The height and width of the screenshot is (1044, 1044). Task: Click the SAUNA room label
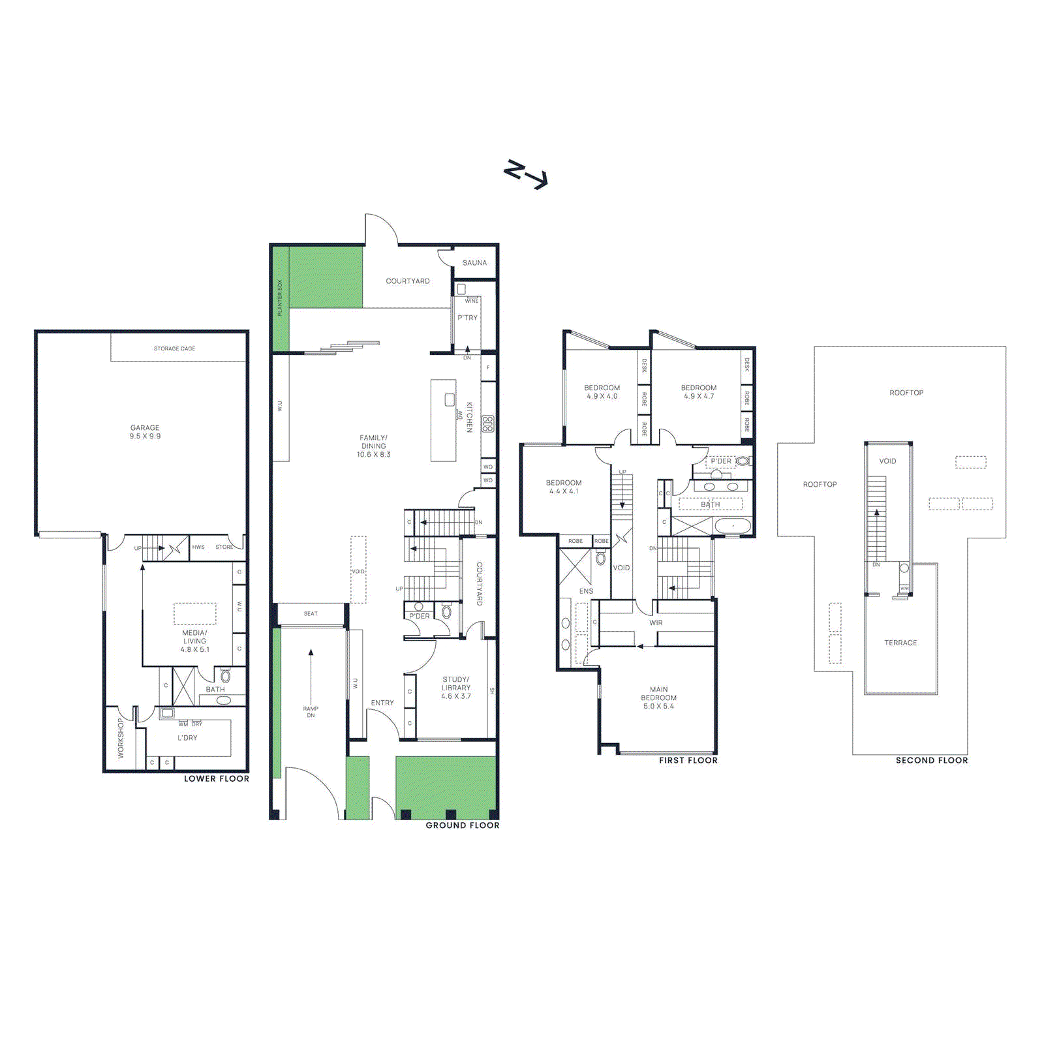(474, 263)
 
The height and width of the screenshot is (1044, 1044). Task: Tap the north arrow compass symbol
(525, 174)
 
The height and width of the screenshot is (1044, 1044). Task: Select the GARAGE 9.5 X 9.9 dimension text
(145, 437)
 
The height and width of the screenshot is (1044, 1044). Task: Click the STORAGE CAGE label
(174, 348)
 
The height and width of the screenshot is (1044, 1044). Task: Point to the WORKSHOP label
(121, 738)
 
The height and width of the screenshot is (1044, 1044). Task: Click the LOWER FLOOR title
(216, 778)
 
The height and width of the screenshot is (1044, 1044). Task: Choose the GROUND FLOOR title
(462, 825)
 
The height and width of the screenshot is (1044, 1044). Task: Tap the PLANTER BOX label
(280, 298)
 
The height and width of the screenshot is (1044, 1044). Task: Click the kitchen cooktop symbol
(487, 424)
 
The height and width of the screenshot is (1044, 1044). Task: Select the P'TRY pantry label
(467, 318)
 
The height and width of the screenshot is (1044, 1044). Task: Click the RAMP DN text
(311, 712)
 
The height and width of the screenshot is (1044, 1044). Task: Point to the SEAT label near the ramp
(311, 614)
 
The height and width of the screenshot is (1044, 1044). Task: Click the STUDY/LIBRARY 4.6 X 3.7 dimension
(455, 696)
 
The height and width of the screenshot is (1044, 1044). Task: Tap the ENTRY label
(382, 703)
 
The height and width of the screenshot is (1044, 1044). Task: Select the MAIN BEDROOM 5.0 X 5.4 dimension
(658, 706)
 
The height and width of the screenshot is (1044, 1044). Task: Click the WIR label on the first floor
(656, 623)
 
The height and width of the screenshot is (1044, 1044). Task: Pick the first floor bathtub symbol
(733, 525)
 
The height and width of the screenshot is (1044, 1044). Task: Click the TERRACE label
(900, 643)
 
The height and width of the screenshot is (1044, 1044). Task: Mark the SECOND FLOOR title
(931, 760)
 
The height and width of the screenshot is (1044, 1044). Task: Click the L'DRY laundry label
(187, 738)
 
